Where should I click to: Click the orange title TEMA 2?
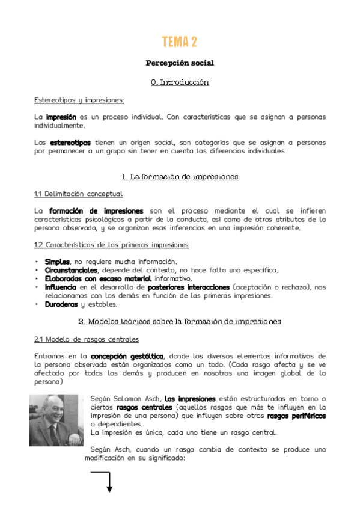[x=180, y=41]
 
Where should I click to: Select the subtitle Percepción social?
[x=180, y=63]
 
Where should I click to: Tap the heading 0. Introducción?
[x=180, y=82]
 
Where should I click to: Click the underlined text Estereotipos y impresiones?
[x=79, y=99]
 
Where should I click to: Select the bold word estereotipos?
[x=71, y=143]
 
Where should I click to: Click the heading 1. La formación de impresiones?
[x=180, y=177]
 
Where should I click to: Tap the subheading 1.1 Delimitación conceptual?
[x=78, y=194]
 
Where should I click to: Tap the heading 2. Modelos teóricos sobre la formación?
[x=180, y=322]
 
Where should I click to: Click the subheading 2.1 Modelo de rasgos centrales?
[x=87, y=339]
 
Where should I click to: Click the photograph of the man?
[x=56, y=420]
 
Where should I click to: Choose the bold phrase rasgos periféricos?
[x=296, y=416]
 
